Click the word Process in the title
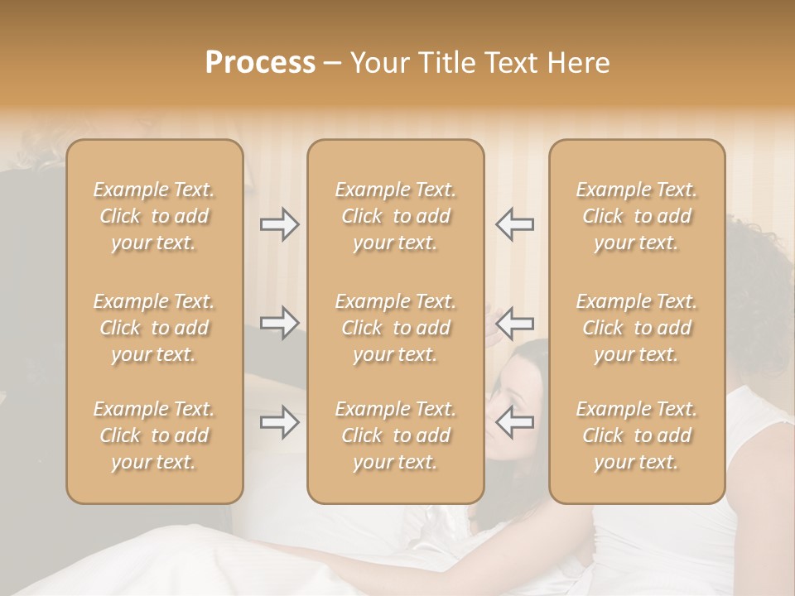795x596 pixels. pyautogui.click(x=260, y=63)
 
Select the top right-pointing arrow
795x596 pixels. pyautogui.click(x=280, y=223)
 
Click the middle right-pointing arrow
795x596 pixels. pyautogui.click(x=280, y=322)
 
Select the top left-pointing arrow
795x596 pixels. pyautogui.click(x=514, y=223)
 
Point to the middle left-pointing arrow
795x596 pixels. pyautogui.click(x=514, y=322)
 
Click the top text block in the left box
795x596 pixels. pyautogui.click(x=154, y=216)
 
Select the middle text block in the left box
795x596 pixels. pyautogui.click(x=154, y=328)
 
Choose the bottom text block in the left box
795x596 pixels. pyautogui.click(x=154, y=435)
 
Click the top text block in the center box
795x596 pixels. pyautogui.click(x=396, y=216)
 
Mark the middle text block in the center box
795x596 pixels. pyautogui.click(x=396, y=328)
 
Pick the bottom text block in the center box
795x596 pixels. pyautogui.click(x=396, y=435)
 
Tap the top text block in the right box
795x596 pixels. pyautogui.click(x=637, y=216)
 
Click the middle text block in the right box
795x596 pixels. pyautogui.click(x=637, y=328)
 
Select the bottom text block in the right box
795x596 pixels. pyautogui.click(x=637, y=435)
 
